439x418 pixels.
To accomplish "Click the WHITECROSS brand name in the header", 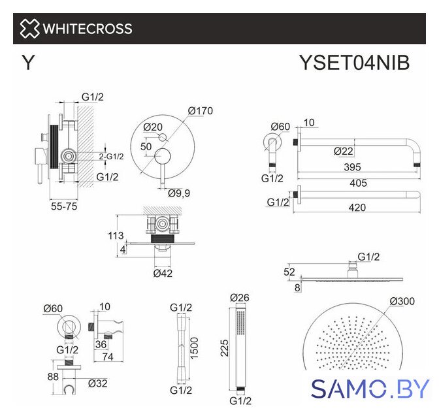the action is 88,29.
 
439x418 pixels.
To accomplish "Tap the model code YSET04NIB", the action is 355,63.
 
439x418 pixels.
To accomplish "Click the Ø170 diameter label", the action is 201,111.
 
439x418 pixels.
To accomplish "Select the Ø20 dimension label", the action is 153,127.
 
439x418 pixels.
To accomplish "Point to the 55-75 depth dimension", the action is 64,206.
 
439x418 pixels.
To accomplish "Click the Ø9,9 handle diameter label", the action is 179,193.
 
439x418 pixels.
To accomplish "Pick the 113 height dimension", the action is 116,236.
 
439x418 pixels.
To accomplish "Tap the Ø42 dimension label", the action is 163,273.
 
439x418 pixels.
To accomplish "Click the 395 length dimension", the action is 352,167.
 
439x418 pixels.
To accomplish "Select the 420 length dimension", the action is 357,208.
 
